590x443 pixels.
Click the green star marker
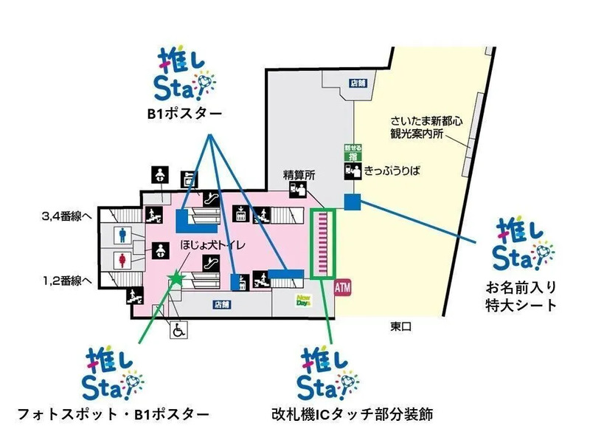click(176, 278)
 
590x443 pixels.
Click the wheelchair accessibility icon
click(178, 331)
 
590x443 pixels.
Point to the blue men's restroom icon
click(123, 234)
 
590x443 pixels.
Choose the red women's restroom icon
click(123, 262)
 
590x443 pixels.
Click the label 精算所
click(299, 175)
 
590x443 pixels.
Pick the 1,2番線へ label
click(66, 281)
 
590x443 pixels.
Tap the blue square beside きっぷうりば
click(351, 201)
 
